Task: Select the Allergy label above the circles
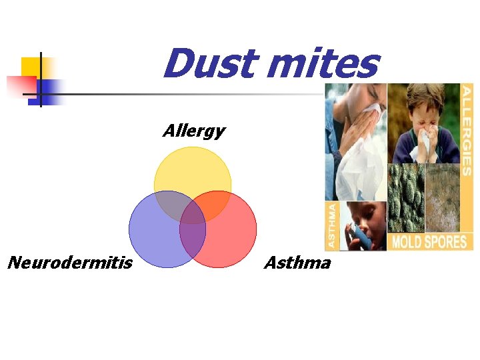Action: pyautogui.click(x=193, y=131)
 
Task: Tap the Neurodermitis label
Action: pyautogui.click(x=69, y=263)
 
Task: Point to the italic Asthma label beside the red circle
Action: pyautogui.click(x=297, y=263)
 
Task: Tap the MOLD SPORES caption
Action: pyautogui.click(x=430, y=241)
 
